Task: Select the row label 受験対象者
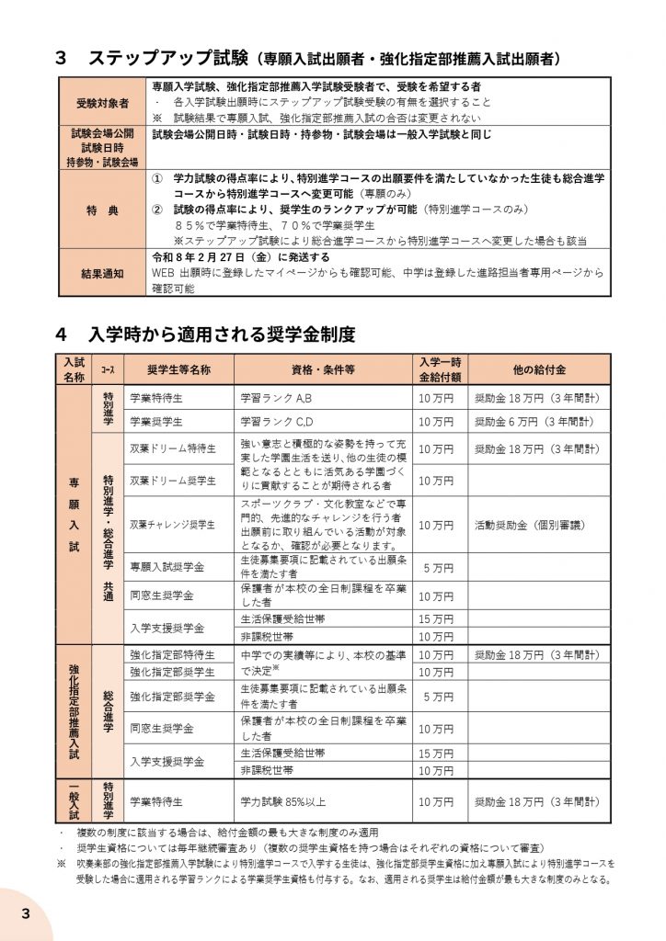101,101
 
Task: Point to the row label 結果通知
101,273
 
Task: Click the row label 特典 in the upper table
101,210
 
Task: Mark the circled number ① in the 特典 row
157,176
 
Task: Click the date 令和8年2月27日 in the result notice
207,257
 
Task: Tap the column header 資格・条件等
323,369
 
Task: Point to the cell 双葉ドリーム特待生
173,449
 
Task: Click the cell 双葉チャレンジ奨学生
173,525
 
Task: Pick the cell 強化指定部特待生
173,655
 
